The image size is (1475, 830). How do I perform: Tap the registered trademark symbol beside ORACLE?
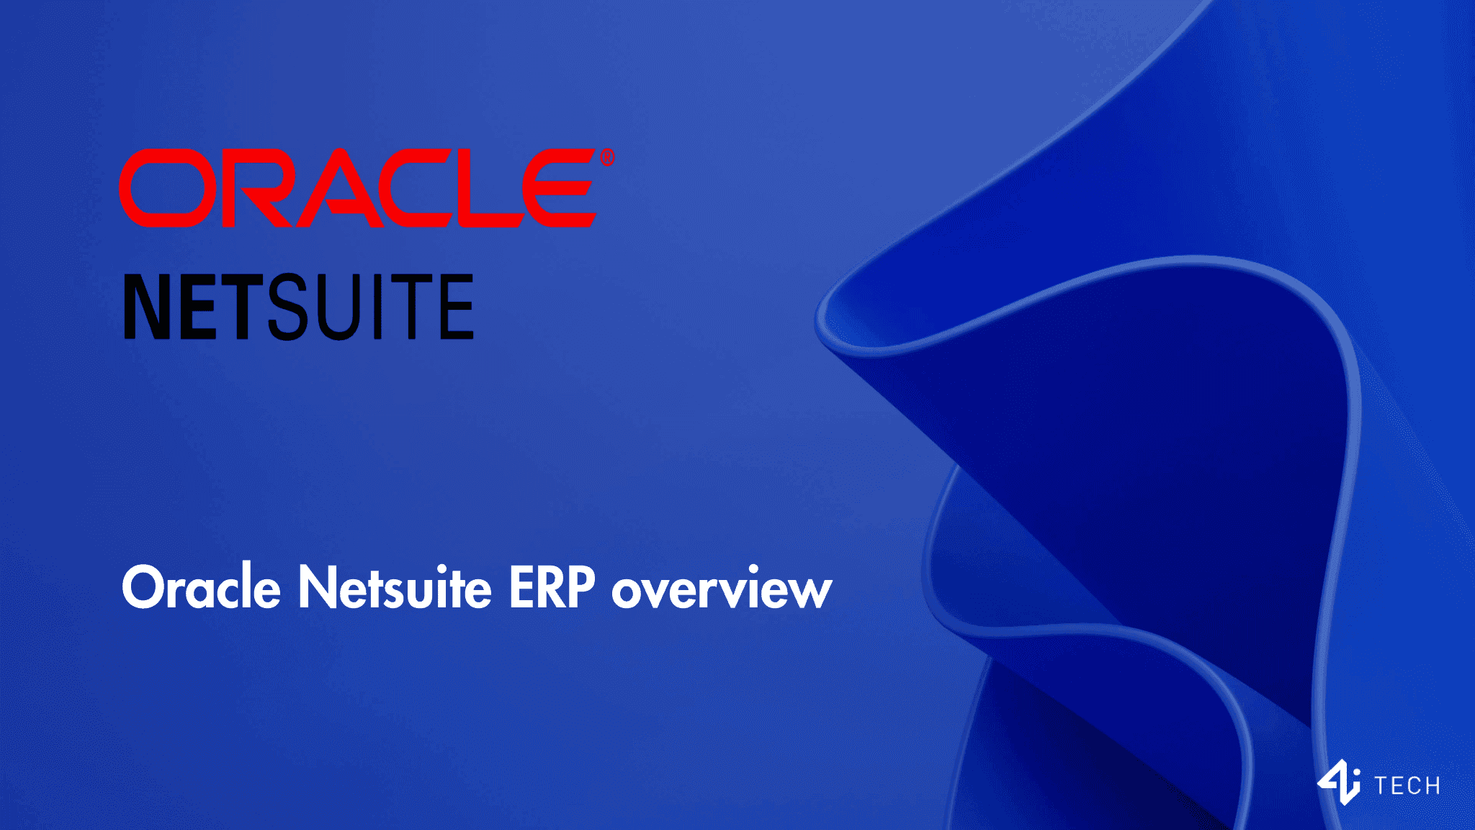(x=607, y=157)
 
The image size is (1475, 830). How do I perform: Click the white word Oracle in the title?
(x=201, y=587)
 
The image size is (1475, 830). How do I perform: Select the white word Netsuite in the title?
(x=395, y=587)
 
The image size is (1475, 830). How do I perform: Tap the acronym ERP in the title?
(x=552, y=587)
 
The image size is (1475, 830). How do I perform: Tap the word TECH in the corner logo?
(x=1407, y=785)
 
